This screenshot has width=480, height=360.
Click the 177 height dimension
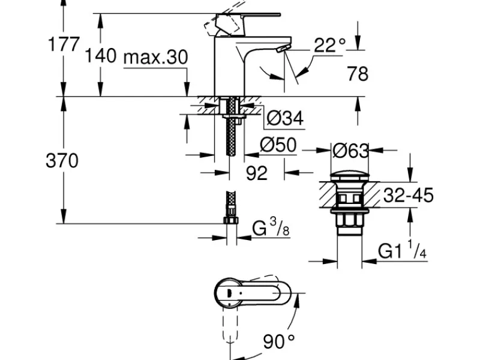pos(64,44)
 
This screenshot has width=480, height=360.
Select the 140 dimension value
pos(100,55)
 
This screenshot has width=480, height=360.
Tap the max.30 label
pos(155,57)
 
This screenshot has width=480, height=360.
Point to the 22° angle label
pos(329,46)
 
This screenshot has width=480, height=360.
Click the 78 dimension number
pos(357,74)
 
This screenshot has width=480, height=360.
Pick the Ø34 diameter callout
pos(284,118)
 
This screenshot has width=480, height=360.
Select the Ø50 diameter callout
pos(278,145)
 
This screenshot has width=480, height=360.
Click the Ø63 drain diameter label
pos(350,151)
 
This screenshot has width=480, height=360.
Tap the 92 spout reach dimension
pos(257,173)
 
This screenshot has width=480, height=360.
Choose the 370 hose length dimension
pos(62,160)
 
